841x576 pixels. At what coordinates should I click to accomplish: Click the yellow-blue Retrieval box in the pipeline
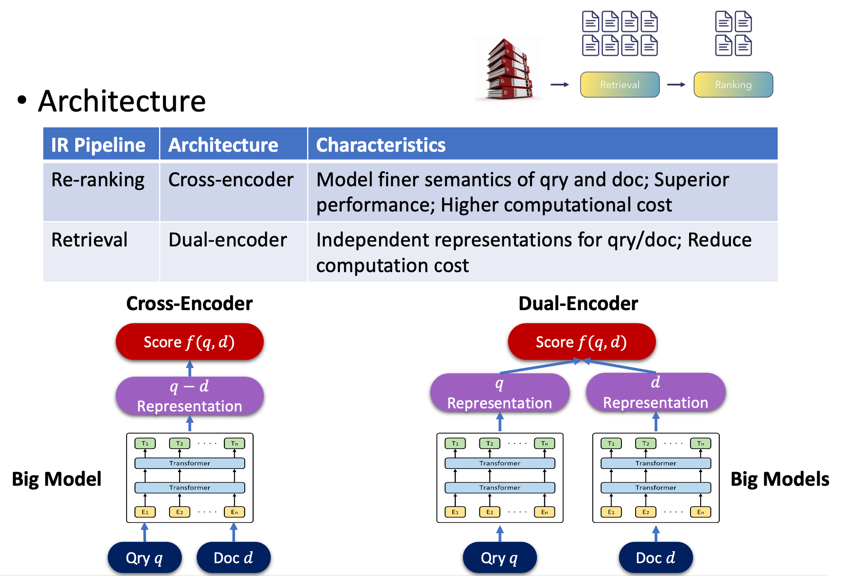[620, 84]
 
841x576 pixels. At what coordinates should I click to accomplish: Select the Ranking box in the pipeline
[733, 84]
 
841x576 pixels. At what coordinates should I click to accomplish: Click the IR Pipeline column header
[98, 145]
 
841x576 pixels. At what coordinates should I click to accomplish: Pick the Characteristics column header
[381, 145]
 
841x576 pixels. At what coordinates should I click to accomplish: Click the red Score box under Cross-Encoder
[189, 342]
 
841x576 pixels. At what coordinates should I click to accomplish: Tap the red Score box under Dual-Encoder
[581, 342]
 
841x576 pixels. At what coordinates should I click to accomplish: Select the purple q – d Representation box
[189, 396]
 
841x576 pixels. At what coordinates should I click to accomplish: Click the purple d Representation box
[656, 392]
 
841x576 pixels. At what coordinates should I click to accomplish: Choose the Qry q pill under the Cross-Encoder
[145, 558]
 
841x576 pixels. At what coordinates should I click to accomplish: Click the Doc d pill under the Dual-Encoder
[656, 558]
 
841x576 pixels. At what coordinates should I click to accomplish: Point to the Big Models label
[779, 479]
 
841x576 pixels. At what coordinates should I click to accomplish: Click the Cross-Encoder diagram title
[189, 303]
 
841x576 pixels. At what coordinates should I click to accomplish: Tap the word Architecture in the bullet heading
[122, 101]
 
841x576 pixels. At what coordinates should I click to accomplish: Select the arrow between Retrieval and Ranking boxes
[676, 84]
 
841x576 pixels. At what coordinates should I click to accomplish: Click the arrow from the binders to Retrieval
[560, 84]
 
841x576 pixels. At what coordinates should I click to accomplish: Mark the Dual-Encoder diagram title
[578, 303]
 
